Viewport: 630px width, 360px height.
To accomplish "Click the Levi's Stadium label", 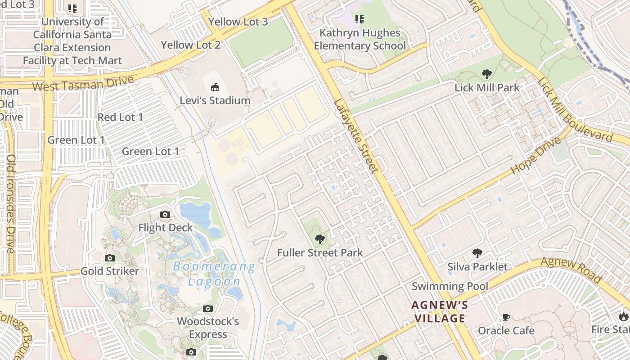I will [215, 100].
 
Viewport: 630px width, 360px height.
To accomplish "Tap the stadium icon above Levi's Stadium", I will [215, 87].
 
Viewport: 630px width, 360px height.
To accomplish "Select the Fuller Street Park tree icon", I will [319, 239].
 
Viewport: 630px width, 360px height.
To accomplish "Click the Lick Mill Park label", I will [487, 88].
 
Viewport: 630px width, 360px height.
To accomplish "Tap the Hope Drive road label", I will [536, 156].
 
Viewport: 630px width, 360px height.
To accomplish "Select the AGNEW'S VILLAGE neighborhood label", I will [440, 312].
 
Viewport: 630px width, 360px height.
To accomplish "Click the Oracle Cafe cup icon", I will [506, 317].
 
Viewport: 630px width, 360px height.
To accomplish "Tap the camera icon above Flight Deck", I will [165, 214].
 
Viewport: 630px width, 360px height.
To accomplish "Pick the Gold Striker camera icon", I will [109, 258].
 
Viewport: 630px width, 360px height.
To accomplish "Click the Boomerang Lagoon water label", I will [214, 274].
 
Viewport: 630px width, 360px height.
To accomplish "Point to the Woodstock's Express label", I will [208, 328].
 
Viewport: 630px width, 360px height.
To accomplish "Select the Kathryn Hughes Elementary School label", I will [360, 39].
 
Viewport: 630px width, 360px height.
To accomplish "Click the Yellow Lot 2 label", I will [191, 45].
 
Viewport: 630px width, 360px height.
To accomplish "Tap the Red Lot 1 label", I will [120, 117].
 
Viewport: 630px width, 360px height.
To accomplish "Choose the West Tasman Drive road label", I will [83, 83].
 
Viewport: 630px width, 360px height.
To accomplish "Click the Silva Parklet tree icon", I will [477, 253].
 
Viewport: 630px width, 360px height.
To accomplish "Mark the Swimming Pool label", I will [450, 286].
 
